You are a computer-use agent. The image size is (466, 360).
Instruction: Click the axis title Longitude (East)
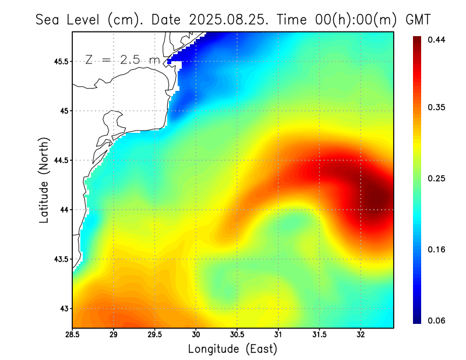(232, 349)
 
